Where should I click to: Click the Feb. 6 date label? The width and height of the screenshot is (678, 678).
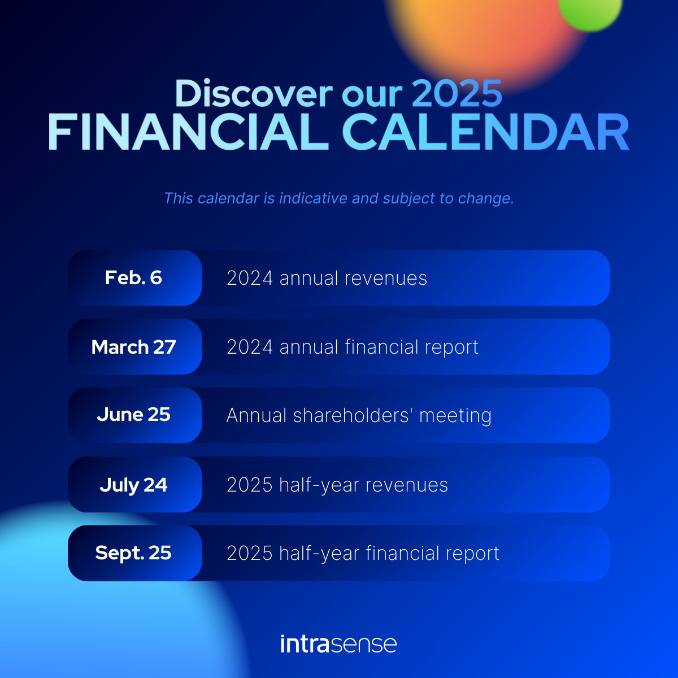coord(133,278)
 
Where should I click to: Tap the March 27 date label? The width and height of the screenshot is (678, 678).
coord(133,347)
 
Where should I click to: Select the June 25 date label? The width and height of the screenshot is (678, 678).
coord(133,415)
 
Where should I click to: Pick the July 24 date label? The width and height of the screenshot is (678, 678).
coord(133,485)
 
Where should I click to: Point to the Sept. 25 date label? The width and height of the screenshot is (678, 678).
coord(133,553)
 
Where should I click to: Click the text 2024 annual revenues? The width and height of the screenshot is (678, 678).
coord(327,278)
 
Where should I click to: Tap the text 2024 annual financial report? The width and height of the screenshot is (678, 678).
coord(352,347)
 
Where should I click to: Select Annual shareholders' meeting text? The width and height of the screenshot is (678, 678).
coord(359,415)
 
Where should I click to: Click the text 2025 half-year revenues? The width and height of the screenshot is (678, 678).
coord(337,485)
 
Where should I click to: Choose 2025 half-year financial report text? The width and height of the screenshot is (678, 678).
coord(363,553)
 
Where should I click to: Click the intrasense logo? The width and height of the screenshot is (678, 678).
coord(338,644)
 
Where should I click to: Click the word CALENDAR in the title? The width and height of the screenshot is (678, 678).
coord(485,132)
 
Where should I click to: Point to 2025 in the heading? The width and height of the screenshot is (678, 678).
coord(457,93)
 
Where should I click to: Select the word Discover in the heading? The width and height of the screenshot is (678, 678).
coord(253,93)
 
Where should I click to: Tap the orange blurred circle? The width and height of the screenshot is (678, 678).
coord(480,34)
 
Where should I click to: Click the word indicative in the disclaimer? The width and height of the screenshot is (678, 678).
coord(313,199)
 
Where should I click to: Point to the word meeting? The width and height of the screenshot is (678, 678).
coord(455,416)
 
